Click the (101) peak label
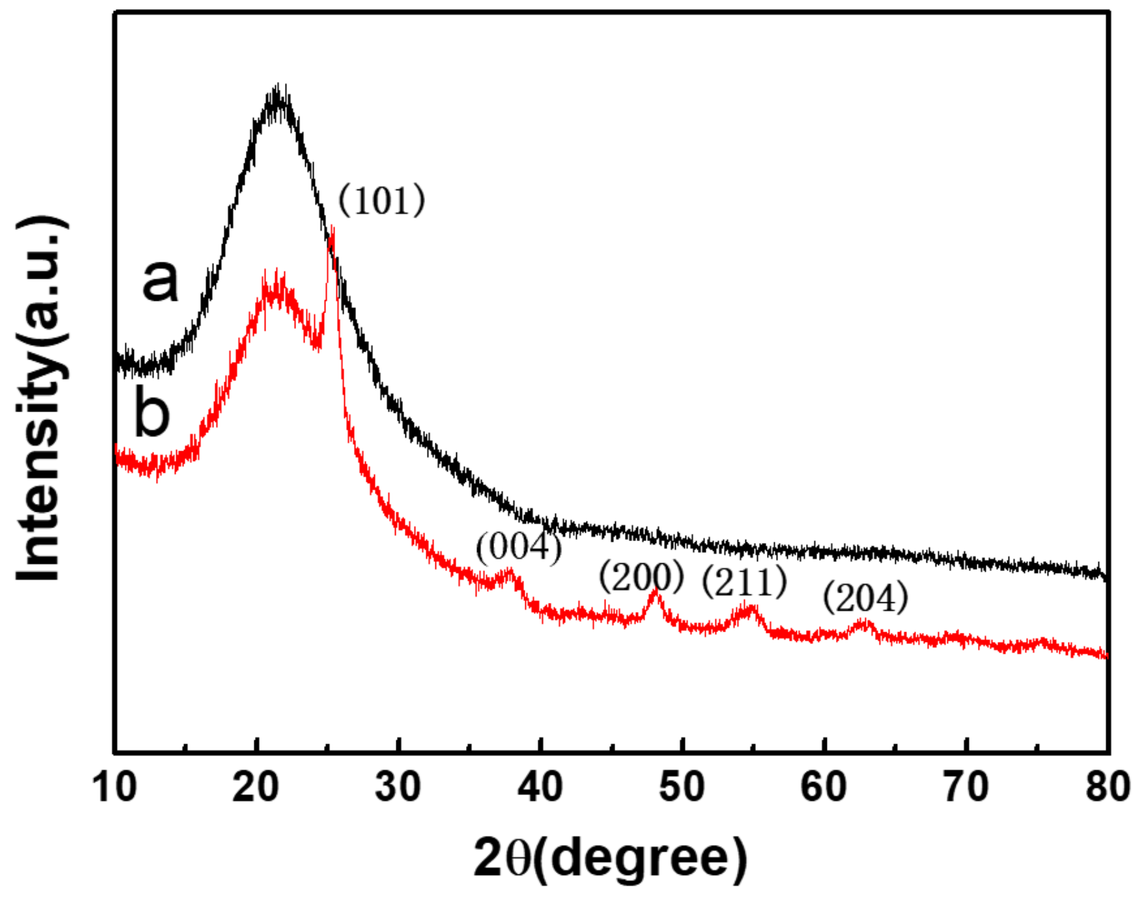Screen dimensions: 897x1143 tap(381, 200)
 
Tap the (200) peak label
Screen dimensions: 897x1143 tap(641, 576)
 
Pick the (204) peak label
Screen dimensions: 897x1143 tap(865, 597)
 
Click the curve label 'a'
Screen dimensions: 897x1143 tap(160, 279)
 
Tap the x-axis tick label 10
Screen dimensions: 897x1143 tap(114, 787)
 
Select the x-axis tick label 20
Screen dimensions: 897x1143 tap(256, 787)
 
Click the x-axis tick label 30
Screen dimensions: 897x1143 tap(398, 787)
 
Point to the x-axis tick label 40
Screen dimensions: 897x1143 tap(540, 787)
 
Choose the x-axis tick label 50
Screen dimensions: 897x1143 tap(682, 787)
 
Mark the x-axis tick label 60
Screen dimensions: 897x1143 tap(824, 787)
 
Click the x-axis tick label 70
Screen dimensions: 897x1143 tap(966, 787)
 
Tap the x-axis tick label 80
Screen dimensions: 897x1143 tap(1108, 787)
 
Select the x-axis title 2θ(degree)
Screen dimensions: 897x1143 tap(610, 858)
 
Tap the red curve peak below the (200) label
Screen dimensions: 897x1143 tap(656, 591)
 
